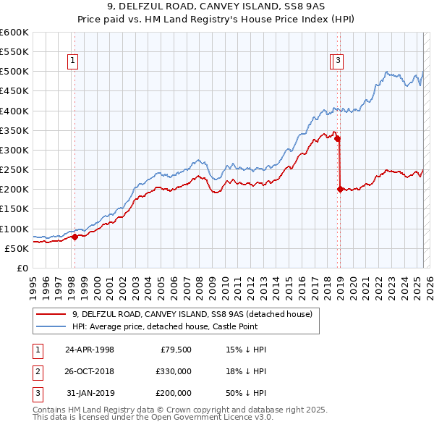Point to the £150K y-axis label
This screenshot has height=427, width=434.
(14, 209)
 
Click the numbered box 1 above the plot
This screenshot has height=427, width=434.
(74, 62)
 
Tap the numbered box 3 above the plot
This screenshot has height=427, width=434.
(339, 62)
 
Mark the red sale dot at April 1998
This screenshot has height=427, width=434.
(75, 237)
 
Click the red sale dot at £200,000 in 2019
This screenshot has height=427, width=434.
(340, 189)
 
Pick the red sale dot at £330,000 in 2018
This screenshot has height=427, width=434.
(337, 138)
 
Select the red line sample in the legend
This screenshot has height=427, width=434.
(51, 314)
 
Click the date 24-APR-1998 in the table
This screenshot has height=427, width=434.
(90, 350)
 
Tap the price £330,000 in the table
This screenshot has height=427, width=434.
(174, 371)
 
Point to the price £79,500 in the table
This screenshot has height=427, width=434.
(176, 350)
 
